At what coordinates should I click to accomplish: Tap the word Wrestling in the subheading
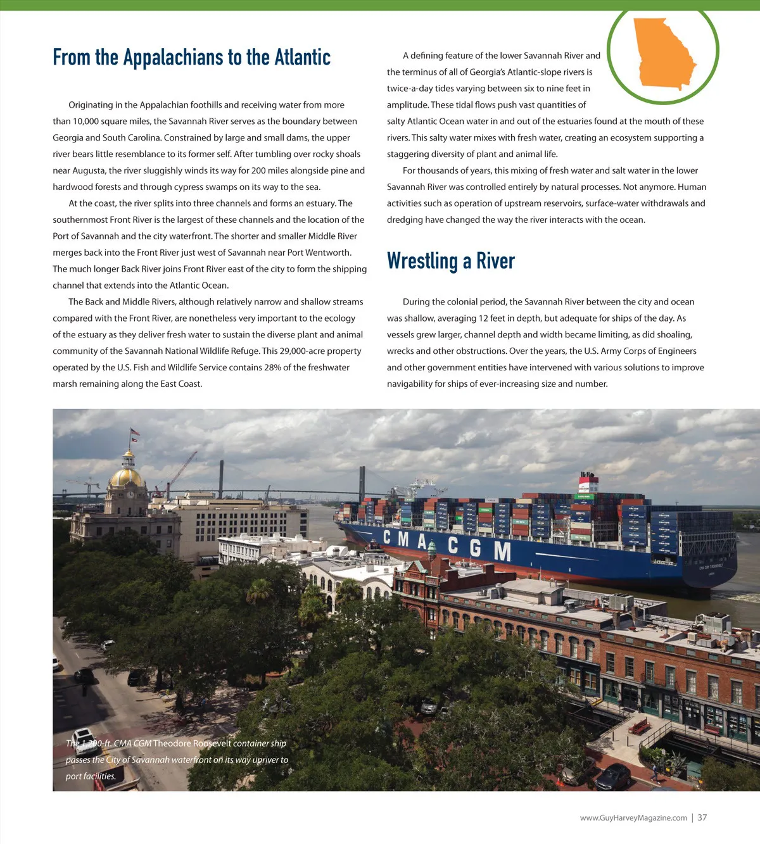tap(422, 261)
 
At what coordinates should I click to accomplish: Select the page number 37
tap(702, 817)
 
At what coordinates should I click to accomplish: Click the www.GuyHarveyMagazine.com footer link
tap(633, 817)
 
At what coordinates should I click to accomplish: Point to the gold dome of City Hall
tap(127, 476)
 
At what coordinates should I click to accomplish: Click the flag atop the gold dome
tap(134, 433)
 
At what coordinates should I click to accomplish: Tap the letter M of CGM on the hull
tap(502, 551)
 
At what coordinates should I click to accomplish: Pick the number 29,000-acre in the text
tap(301, 351)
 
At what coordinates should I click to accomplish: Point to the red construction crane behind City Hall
tap(181, 472)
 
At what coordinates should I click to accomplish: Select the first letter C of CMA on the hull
tap(387, 537)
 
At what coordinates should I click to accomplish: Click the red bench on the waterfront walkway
tap(639, 726)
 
